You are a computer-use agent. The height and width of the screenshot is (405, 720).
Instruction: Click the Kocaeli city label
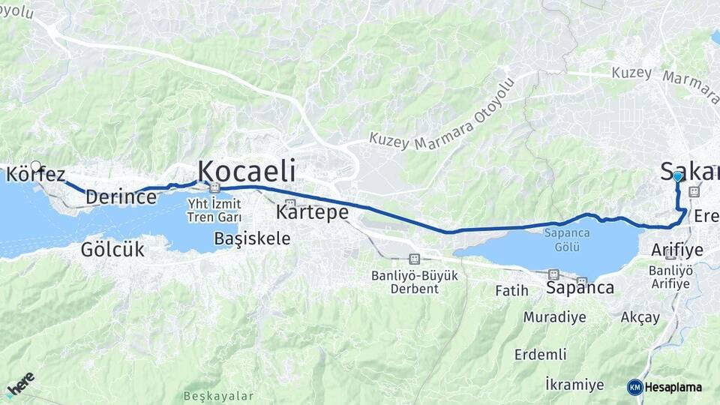coord(245,170)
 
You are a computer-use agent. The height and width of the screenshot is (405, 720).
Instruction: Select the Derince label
coord(121,197)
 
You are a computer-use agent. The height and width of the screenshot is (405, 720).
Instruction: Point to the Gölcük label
coord(112,250)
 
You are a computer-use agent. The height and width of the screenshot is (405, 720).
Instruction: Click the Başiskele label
coord(252,238)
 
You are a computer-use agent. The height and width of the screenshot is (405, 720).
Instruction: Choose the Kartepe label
coord(312,212)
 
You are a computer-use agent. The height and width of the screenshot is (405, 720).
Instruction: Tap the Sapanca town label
coord(580,287)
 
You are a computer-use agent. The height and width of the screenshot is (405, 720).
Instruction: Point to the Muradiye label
coord(554,316)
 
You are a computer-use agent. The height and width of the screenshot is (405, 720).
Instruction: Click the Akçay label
coord(640,316)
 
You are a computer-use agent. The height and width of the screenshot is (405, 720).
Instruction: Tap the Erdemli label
coord(540,354)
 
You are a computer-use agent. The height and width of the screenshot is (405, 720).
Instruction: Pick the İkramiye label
coord(574,385)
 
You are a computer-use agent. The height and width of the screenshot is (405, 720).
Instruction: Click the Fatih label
coord(512,290)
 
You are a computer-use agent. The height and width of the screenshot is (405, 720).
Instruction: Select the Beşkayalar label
coord(218,396)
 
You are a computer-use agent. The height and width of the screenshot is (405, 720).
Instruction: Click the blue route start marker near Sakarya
coord(677,176)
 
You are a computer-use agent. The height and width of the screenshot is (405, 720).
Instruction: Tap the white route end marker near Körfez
coord(35,165)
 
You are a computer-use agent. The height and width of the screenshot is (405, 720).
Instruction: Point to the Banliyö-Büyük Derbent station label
coord(414,281)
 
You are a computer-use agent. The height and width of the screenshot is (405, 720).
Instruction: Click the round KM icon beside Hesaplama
coord(634,387)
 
